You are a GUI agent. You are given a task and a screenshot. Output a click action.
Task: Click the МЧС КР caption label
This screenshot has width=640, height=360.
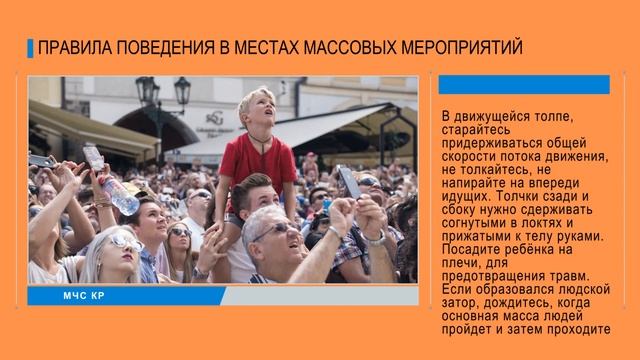[x=84, y=296]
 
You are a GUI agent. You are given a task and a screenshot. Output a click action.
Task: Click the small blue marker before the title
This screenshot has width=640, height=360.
[x=30, y=48]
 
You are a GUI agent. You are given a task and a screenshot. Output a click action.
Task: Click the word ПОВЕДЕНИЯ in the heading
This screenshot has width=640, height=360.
[x=184, y=48]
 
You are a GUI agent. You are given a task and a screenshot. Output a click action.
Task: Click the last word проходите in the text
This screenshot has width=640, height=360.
[x=567, y=327]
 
